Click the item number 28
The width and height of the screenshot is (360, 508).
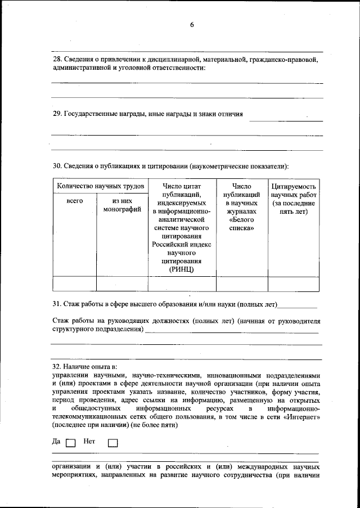[x=56, y=59]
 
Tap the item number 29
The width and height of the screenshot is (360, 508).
[x=56, y=114]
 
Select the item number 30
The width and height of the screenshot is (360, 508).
[x=56, y=167]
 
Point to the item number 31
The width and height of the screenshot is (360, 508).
[x=56, y=304]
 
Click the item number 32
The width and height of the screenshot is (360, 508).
[x=56, y=366]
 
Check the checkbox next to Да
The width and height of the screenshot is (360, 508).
[x=70, y=443]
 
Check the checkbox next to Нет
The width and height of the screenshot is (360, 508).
[x=112, y=443]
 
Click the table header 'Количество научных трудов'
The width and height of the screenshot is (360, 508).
[x=100, y=186]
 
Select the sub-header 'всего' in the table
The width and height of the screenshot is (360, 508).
[x=74, y=201]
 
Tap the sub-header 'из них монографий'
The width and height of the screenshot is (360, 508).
[x=122, y=205]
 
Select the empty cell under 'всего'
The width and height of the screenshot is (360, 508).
[x=74, y=284]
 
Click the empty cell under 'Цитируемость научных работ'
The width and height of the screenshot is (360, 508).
[x=293, y=284]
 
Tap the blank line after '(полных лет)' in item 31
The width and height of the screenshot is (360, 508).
[x=298, y=307]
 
